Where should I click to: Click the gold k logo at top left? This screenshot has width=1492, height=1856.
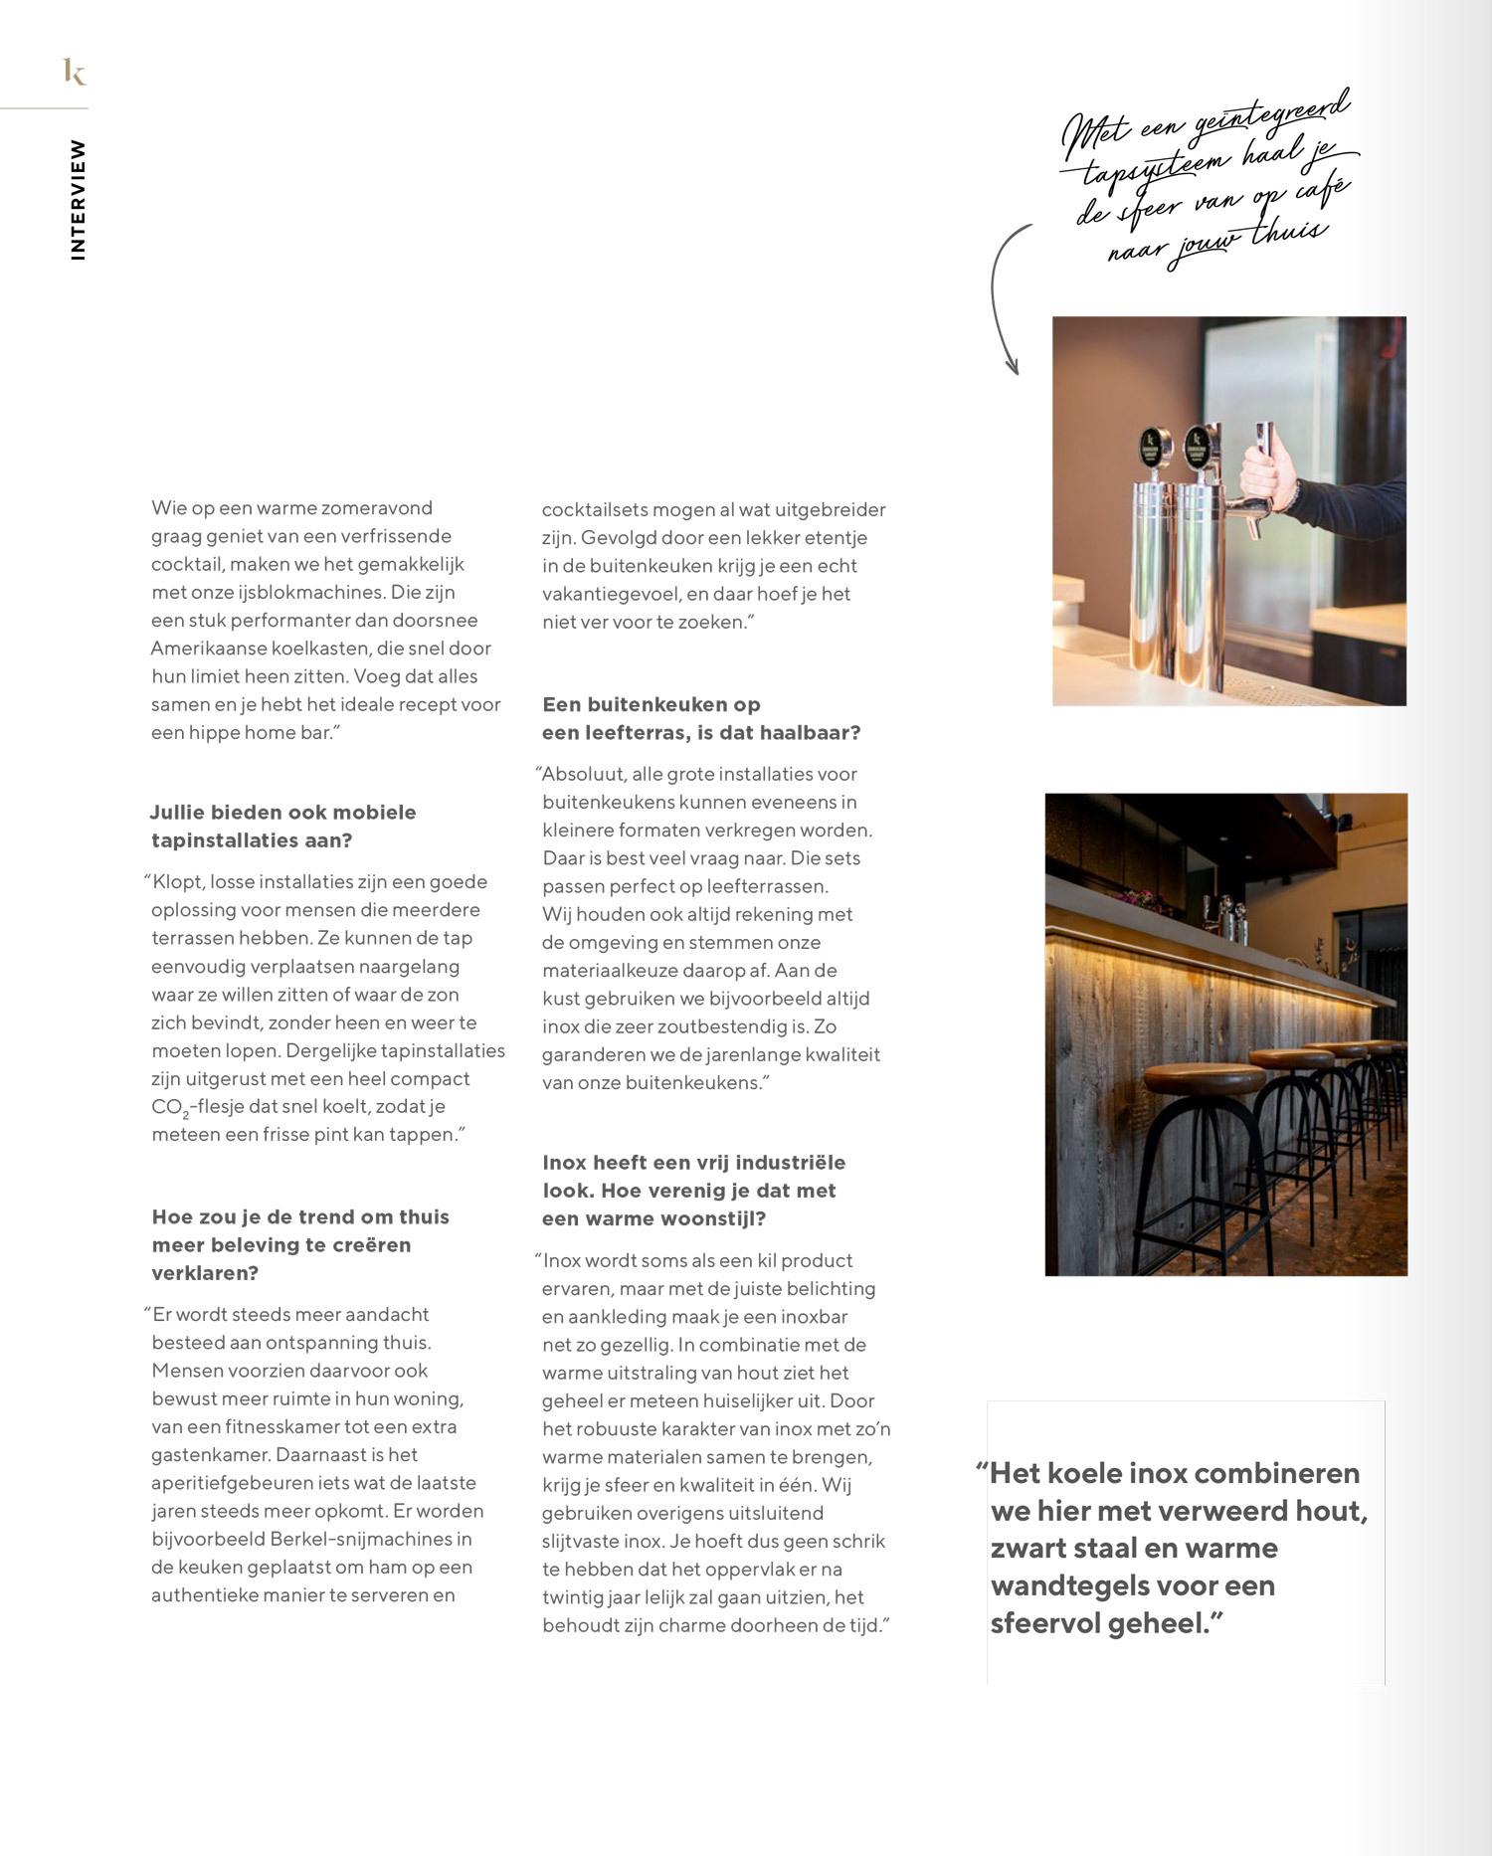point(75,72)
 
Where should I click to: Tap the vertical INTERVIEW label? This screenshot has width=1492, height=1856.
point(78,200)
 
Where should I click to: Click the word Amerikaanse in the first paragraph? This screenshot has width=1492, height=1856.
point(195,649)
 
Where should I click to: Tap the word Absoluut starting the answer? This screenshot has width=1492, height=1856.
point(582,774)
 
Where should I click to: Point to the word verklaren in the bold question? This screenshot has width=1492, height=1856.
point(204,1273)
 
